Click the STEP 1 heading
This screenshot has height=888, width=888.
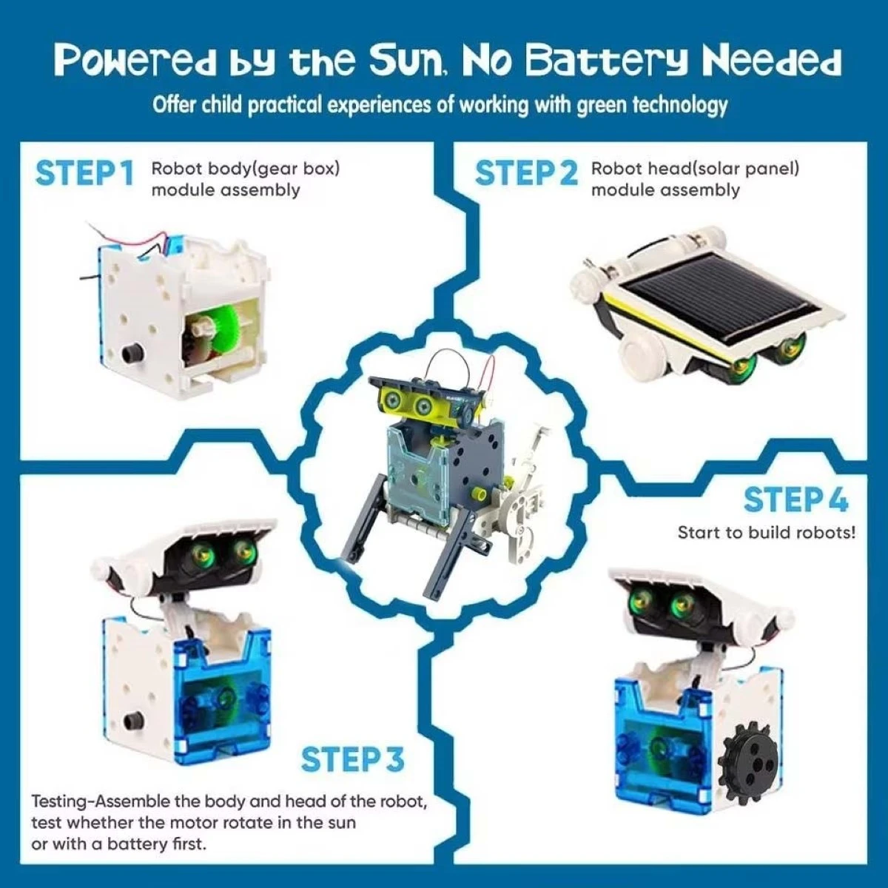(84, 174)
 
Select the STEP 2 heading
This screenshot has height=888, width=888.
(526, 174)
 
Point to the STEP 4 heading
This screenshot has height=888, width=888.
(795, 501)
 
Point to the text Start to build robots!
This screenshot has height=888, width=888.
(767, 533)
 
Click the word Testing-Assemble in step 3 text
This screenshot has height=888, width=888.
(103, 802)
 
